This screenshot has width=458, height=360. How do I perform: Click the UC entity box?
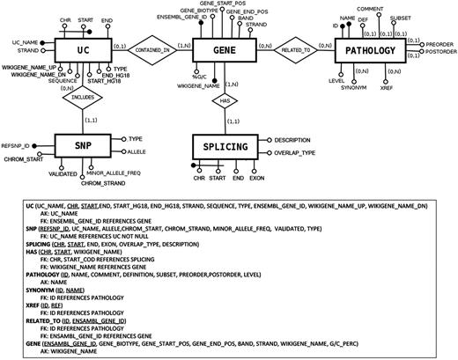click(84, 51)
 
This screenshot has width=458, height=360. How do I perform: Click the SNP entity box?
click(84, 145)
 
